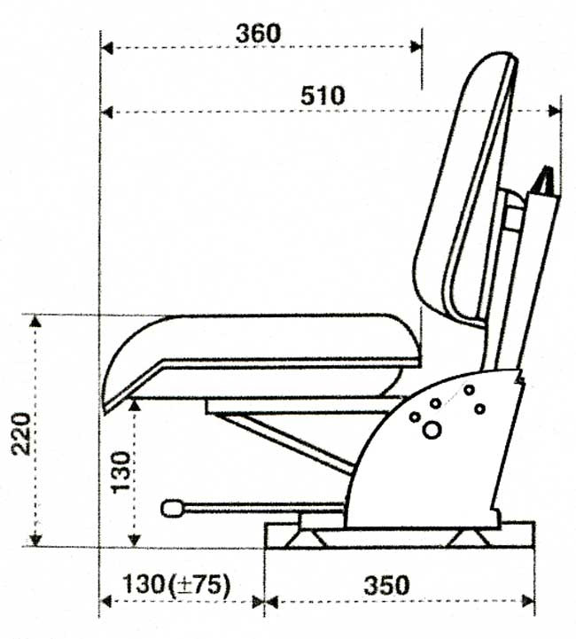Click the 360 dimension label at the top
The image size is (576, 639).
259,33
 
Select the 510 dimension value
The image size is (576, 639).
322,95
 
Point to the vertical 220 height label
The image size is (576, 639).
20,432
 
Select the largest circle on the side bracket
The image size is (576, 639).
432,431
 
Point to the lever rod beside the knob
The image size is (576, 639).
266,508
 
